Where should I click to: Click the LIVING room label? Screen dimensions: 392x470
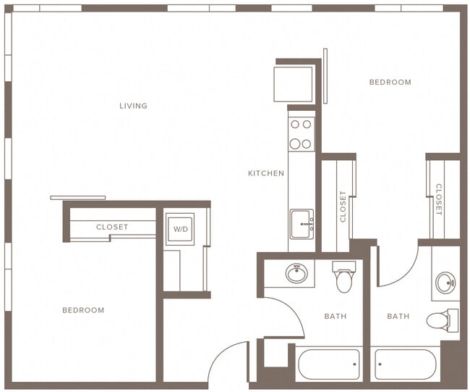pos(133,106)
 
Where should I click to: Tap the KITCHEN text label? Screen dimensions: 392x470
pos(265,173)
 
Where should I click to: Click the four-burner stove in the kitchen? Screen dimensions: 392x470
pos(301,134)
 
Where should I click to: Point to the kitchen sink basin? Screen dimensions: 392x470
pos(301,224)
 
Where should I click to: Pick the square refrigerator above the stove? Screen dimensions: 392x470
pos(293,84)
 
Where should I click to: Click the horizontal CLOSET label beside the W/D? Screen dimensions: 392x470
pos(112,227)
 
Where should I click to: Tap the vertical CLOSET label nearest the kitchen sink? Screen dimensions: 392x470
pos(343,206)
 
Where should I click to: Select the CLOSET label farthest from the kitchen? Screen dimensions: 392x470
pos(438,199)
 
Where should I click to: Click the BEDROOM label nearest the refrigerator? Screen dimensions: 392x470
pos(390,82)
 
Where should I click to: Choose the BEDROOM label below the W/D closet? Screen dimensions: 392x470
pos(82,310)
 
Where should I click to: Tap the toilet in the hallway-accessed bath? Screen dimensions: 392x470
pos(344,276)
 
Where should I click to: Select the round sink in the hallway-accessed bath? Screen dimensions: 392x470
pos(296,274)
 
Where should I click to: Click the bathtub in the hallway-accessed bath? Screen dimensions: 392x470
pos(328,364)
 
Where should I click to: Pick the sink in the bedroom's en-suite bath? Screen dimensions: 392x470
pos(446,283)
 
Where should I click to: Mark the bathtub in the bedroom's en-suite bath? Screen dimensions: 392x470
pos(404,364)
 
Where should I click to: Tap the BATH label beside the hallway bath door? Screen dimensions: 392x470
pos(336,316)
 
